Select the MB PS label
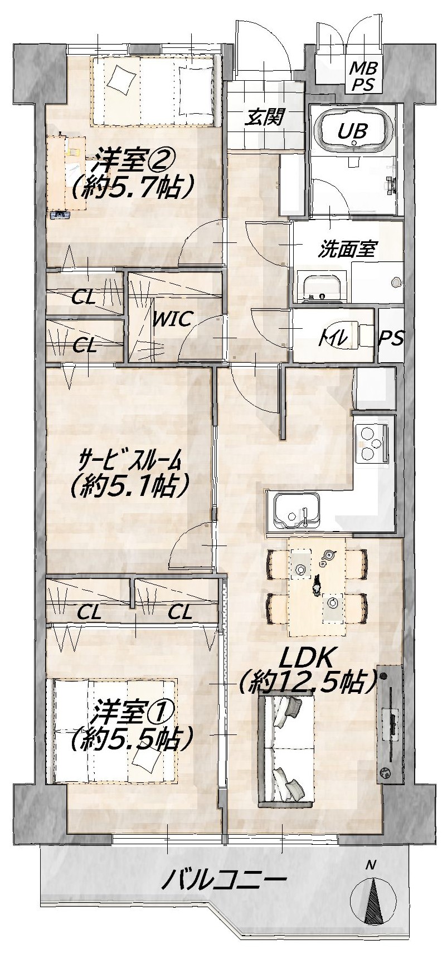(x=363, y=76)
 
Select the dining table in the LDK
(x=317, y=587)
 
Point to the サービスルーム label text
(x=131, y=461)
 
